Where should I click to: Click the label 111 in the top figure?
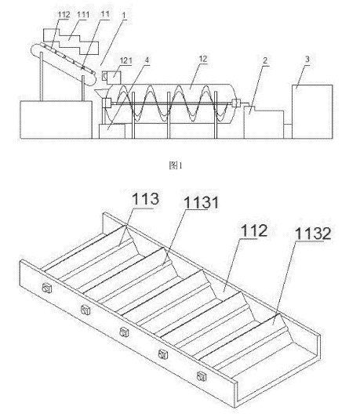point(83,15)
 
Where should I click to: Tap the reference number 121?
point(125,60)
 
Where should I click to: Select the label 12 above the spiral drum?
point(203,59)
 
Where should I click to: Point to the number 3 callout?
point(307,59)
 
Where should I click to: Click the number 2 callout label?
point(265,60)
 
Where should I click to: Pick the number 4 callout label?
point(147,60)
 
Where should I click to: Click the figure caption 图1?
point(176,165)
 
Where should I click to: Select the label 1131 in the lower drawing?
point(201,203)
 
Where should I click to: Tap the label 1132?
point(313,234)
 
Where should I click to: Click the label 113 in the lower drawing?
point(145,198)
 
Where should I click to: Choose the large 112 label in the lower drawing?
point(254,230)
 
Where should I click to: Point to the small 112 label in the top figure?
point(64,15)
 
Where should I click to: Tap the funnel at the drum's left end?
point(101,93)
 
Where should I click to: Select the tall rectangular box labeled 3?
point(312,111)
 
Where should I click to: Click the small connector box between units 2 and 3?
point(288,131)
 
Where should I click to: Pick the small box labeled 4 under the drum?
point(112,132)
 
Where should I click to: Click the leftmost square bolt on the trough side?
point(47,288)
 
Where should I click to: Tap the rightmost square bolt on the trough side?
point(202,376)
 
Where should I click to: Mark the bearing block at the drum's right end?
point(236,103)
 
